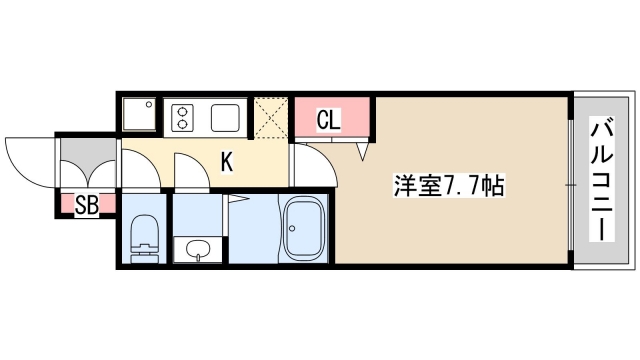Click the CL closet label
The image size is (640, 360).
[x=328, y=120]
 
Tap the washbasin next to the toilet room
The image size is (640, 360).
[x=198, y=250]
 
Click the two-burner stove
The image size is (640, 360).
[x=184, y=117]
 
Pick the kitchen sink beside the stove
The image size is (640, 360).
[x=227, y=117]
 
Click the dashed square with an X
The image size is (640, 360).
[x=270, y=116]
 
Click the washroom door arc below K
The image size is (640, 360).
[x=187, y=170]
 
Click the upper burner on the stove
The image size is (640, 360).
[x=184, y=111]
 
